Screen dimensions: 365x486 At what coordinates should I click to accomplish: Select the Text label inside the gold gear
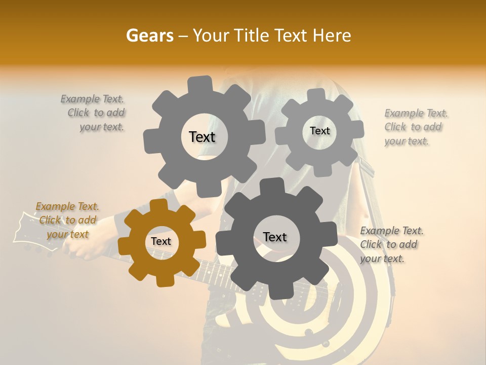[161, 242]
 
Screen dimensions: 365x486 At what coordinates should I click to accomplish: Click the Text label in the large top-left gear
[202, 137]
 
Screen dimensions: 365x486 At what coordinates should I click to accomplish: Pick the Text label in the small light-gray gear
[319, 131]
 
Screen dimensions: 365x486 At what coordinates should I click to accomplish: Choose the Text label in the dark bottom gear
[275, 237]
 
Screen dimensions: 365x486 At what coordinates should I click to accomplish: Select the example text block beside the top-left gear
[93, 113]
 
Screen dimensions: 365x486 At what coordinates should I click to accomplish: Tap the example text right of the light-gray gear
[416, 127]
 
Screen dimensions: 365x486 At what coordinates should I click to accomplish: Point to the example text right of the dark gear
[391, 244]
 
